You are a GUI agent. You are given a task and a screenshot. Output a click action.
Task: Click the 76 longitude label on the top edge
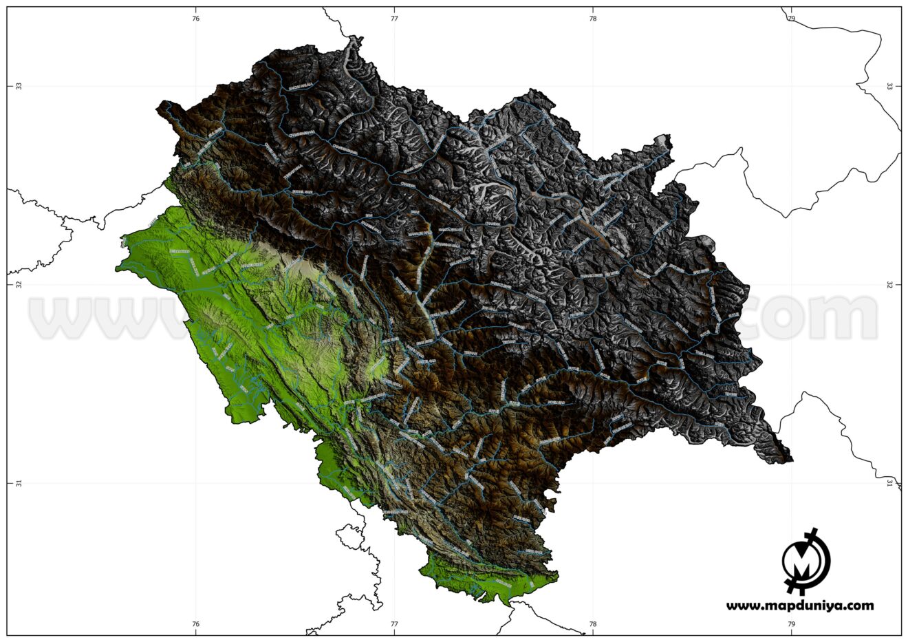[x=196, y=19]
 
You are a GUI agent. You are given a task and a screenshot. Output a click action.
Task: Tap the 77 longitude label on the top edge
[x=394, y=19]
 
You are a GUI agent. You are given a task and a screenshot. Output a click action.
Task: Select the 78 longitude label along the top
[x=593, y=19]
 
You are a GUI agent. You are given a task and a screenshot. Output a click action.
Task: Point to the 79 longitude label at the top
[x=792, y=19]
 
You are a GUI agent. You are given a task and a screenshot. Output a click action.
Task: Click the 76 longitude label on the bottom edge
[x=196, y=625]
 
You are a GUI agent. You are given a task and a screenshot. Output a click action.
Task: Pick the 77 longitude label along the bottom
[x=394, y=625]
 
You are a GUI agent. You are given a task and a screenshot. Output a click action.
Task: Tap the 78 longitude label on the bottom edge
[x=593, y=625]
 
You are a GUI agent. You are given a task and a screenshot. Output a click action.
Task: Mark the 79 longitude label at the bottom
[x=792, y=625]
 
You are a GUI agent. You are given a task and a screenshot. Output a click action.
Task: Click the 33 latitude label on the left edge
[x=19, y=86]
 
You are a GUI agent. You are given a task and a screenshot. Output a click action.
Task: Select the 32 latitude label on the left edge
[x=19, y=284]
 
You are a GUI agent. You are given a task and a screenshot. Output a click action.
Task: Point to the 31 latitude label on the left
[x=19, y=483]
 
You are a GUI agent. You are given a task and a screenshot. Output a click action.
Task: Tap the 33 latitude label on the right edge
[x=889, y=86]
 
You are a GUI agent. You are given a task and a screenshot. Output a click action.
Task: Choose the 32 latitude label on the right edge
[x=889, y=284]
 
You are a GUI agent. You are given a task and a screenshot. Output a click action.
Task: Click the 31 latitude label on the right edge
[x=889, y=483]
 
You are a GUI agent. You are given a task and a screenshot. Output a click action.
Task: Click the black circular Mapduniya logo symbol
[x=806, y=561]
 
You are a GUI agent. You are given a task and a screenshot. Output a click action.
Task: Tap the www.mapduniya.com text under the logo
[x=800, y=606]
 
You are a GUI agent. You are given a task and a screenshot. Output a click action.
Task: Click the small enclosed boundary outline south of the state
[x=351, y=537]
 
